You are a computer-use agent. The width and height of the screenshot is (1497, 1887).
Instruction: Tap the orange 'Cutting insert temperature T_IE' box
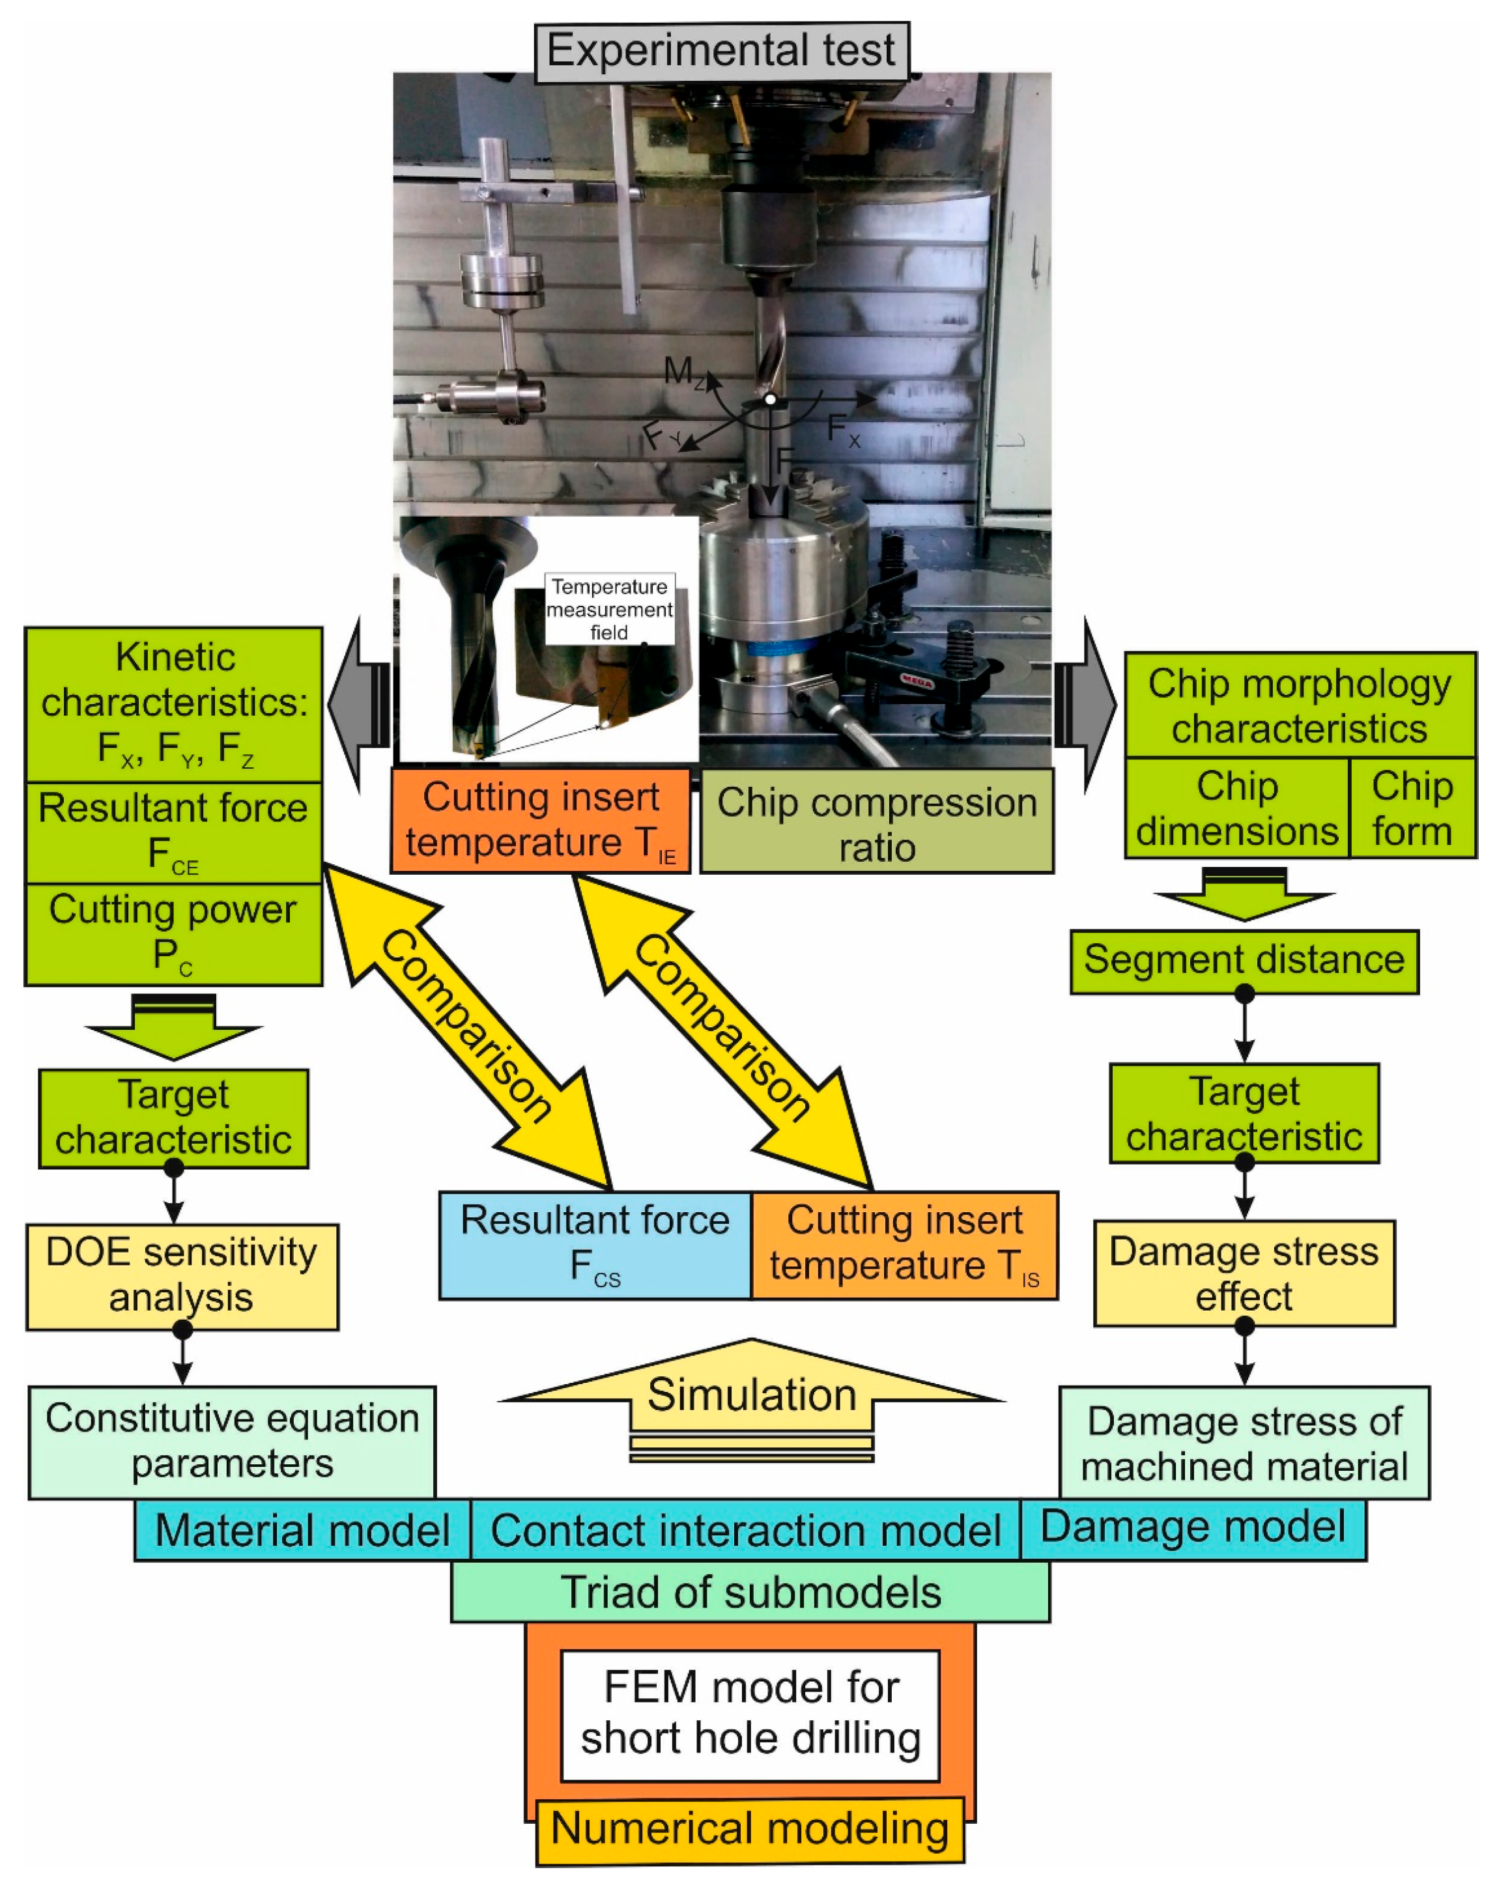tap(540, 821)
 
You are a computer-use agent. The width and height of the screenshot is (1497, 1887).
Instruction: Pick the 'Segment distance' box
tap(1244, 961)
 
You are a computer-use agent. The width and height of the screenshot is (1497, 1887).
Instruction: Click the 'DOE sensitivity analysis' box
tap(182, 1276)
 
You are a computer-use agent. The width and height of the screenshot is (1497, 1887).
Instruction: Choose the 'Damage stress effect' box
tap(1244, 1273)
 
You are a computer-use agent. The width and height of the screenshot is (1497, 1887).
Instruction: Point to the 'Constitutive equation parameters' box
tap(232, 1441)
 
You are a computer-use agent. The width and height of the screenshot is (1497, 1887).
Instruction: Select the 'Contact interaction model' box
tap(745, 1530)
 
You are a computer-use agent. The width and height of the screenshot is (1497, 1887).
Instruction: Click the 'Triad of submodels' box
tap(750, 1591)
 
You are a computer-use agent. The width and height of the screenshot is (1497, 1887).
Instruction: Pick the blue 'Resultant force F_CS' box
tap(595, 1245)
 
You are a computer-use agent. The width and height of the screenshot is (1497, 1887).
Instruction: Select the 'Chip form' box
tap(1412, 808)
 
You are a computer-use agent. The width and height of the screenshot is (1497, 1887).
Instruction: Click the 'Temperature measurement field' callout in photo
tap(609, 609)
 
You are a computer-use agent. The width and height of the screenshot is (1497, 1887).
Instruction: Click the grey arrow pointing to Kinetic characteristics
tap(359, 705)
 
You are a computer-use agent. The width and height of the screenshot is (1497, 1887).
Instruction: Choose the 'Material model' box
tap(302, 1530)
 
